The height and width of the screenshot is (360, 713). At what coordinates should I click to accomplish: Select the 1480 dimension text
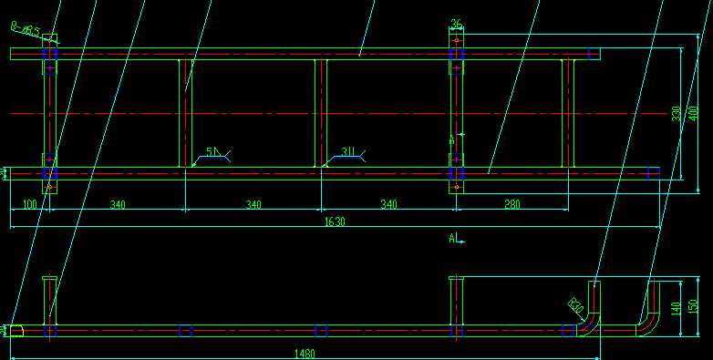pos(305,354)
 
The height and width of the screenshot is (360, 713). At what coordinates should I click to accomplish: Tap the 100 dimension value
pos(29,205)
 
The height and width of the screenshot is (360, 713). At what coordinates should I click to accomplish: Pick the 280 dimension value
pos(512,205)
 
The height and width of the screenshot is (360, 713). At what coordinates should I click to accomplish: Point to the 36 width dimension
pos(457,25)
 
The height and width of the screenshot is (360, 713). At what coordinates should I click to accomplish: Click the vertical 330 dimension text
pos(677,112)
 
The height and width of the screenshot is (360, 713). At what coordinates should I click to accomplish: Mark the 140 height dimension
pos(676,308)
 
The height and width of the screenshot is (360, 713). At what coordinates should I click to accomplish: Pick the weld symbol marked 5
pos(212,152)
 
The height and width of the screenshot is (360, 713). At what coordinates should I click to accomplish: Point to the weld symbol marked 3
pos(348,152)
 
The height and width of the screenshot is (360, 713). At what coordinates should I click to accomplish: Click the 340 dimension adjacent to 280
pos(388,205)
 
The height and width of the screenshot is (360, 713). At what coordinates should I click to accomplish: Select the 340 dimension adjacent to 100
pos(117,205)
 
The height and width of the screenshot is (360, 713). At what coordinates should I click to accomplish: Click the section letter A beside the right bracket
pos(451,140)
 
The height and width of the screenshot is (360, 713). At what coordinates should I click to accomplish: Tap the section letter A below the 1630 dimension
pos(452,239)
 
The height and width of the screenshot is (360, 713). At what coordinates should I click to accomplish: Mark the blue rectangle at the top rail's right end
pos(594,54)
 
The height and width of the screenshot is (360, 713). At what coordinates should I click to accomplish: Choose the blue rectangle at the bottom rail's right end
pos(653,171)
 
